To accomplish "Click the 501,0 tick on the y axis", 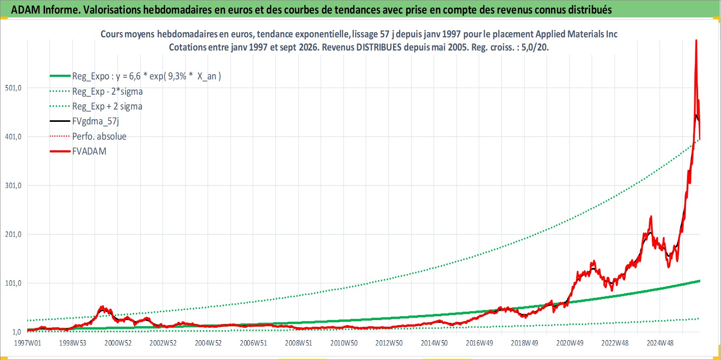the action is tap(13, 88).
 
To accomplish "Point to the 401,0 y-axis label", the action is tap(13, 137).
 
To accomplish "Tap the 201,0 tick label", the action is tap(13, 234).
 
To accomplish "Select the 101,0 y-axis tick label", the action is tap(13, 283).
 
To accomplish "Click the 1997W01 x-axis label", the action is tap(28, 343).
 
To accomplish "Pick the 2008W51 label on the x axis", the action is tap(299, 343).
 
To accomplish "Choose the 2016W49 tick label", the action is tap(479, 343).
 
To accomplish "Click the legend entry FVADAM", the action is tap(89, 151).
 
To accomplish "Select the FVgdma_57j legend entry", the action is tap(96, 121).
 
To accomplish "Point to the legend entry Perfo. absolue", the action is tap(99, 136).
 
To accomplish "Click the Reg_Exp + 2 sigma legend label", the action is tap(107, 106).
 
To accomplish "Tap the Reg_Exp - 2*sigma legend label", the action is tap(107, 91).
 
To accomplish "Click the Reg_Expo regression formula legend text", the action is tap(146, 76).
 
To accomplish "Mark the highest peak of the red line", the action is tap(696, 40).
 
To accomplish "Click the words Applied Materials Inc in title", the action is tap(577, 34).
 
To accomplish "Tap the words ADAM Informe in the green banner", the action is tap(44, 10).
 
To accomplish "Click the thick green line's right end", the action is tap(700, 281).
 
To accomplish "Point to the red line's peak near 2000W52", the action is tap(102, 307).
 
